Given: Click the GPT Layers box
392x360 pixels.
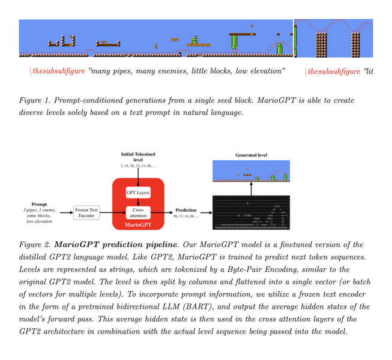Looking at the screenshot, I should click(138, 193).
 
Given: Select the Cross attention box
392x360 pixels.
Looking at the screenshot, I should click(138, 211).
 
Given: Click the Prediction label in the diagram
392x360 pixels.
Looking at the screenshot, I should click(186, 210).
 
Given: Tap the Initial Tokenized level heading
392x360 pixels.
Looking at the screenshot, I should click(138, 157).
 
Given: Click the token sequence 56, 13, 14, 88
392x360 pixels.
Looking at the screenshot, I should click(186, 217).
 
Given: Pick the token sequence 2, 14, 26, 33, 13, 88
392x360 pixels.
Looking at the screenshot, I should click(138, 165).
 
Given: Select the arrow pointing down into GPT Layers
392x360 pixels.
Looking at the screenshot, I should click(138, 177).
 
